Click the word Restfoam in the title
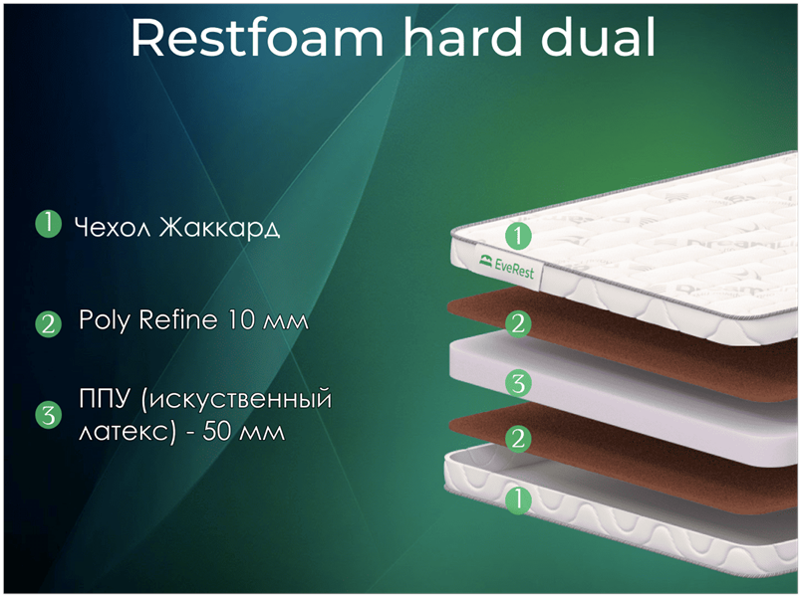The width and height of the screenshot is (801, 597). (x=257, y=37)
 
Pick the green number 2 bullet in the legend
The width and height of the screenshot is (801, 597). (x=48, y=323)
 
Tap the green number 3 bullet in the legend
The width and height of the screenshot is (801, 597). (x=48, y=415)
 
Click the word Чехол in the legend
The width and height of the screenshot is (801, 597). (x=113, y=227)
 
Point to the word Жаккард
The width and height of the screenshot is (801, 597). (x=219, y=227)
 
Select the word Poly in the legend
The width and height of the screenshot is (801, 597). (x=106, y=320)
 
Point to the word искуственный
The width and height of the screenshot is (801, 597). (x=236, y=399)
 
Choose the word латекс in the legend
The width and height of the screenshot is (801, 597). (x=128, y=432)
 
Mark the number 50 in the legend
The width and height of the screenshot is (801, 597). (x=217, y=431)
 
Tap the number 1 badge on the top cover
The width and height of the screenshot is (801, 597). (x=518, y=236)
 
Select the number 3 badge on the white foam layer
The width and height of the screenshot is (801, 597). (x=518, y=383)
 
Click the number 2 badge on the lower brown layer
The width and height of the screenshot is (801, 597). (x=518, y=439)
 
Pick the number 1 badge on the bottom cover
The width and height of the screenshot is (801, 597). (x=518, y=499)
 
